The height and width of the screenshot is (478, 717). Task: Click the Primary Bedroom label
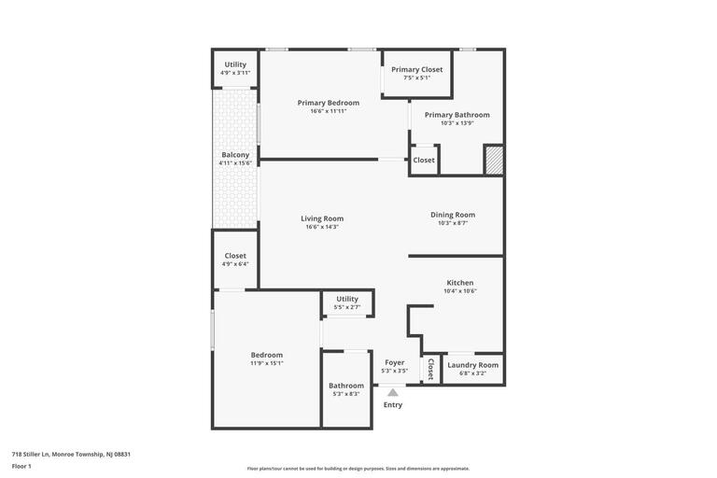click(329, 103)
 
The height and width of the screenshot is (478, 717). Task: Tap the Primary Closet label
click(417, 69)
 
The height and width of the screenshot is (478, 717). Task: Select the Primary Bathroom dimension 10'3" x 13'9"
click(457, 123)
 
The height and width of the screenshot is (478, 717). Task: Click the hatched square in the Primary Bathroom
click(494, 160)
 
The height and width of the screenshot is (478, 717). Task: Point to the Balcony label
click(235, 155)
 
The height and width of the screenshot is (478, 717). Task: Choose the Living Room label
click(322, 218)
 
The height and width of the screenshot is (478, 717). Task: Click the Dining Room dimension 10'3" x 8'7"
click(453, 223)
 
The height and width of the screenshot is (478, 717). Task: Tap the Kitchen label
click(460, 283)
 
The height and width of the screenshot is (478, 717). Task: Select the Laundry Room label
click(473, 365)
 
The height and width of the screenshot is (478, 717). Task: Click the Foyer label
click(395, 362)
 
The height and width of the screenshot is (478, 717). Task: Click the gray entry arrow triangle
click(393, 392)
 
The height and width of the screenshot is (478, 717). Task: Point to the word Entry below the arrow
click(393, 404)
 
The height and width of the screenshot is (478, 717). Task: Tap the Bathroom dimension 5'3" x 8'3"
click(346, 394)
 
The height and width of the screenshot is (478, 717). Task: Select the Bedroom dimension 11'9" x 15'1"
click(267, 363)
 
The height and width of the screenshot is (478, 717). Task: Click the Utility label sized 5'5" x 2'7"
click(347, 299)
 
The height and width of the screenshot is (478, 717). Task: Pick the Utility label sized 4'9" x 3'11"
click(235, 64)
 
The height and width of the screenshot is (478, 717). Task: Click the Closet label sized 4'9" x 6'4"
click(235, 256)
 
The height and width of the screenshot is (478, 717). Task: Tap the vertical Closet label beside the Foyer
click(430, 370)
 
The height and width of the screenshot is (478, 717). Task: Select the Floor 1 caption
click(21, 466)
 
